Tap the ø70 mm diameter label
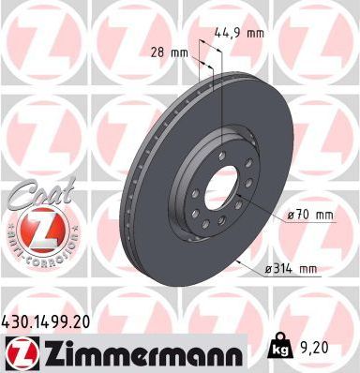click(310, 215)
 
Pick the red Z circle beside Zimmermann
click(21, 352)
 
